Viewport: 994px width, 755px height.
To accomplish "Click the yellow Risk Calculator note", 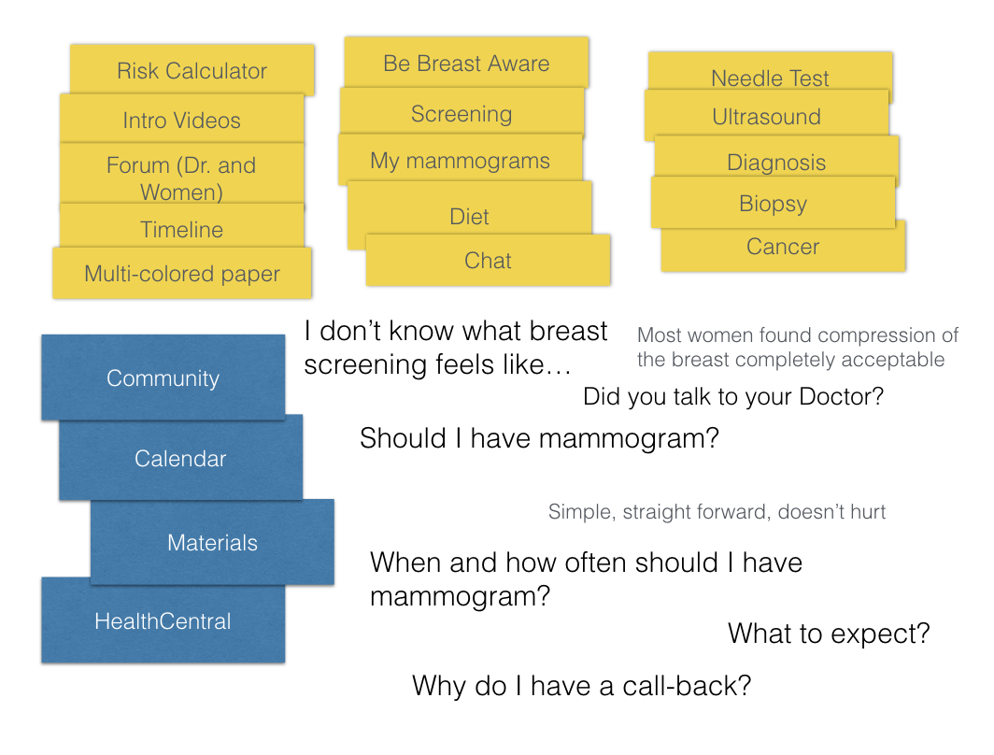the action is tap(192, 70).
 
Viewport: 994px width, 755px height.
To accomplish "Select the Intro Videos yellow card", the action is tap(182, 119).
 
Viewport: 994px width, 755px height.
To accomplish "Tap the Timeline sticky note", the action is tap(182, 226).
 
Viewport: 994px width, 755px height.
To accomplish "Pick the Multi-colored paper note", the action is tap(182, 273).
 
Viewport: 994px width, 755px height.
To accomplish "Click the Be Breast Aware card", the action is tap(466, 62).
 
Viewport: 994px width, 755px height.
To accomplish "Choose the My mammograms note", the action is tap(461, 159).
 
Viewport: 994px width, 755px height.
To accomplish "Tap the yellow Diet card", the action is tap(470, 210).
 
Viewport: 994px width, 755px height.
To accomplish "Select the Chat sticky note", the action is tap(488, 260).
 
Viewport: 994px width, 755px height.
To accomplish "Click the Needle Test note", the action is tap(770, 73).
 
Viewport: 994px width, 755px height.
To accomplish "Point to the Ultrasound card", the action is tap(766, 114).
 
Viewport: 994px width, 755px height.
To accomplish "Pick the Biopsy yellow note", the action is tap(773, 202).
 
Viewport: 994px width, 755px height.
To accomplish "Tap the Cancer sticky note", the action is tap(783, 248).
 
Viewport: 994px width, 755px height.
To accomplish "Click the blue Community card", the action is tap(163, 377).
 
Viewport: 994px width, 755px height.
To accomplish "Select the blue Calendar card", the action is tap(180, 458).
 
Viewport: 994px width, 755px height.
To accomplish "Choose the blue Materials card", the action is tap(212, 542).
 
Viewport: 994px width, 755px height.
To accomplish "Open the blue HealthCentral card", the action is tap(163, 620).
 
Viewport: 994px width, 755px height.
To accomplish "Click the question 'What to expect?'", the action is tap(829, 634).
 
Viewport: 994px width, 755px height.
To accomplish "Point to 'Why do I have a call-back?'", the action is tap(581, 685).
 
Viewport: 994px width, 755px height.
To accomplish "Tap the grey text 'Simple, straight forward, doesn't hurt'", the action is tap(717, 511).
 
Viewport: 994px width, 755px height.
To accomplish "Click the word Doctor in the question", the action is tap(841, 396).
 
